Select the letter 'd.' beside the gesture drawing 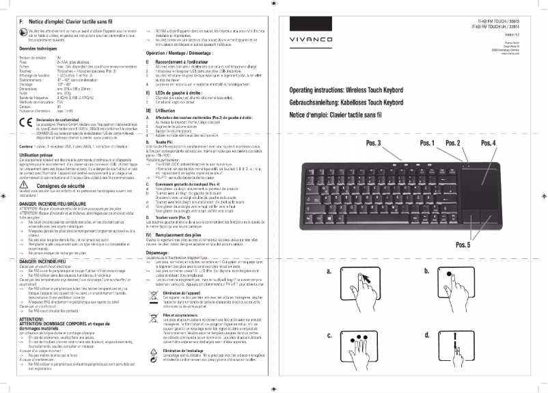click(x=428, y=335)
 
